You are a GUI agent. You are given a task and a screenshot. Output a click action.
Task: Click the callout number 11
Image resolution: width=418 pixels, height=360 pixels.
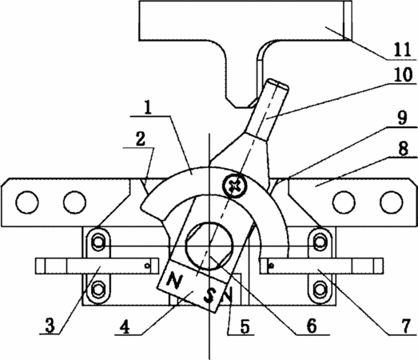click(x=402, y=50)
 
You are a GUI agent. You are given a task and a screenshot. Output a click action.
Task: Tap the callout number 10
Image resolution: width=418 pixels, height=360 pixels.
click(x=404, y=74)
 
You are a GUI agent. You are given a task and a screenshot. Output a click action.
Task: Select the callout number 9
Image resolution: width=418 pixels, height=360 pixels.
click(x=403, y=118)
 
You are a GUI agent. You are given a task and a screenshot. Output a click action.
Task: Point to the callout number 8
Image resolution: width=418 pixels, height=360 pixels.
click(x=404, y=148)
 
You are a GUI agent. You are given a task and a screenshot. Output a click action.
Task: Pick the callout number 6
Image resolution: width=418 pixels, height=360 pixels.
click(x=312, y=326)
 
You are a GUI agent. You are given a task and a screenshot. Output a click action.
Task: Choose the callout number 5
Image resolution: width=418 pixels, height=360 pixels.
click(x=245, y=326)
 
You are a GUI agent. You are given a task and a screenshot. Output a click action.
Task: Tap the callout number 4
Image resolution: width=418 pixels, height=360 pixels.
click(x=125, y=326)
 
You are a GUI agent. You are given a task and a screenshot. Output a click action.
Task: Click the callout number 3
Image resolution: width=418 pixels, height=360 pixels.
click(x=50, y=326)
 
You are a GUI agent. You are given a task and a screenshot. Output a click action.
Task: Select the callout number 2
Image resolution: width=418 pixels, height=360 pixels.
click(x=141, y=139)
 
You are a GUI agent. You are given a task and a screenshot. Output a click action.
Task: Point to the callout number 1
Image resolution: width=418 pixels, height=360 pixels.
click(x=148, y=107)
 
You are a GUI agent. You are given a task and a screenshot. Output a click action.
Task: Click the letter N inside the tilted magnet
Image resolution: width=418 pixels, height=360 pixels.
click(x=173, y=281)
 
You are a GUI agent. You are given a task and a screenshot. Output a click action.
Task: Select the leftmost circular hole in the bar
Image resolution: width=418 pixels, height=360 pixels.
click(x=27, y=202)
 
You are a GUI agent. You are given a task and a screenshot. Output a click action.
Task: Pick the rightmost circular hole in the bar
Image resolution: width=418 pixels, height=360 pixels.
click(x=392, y=202)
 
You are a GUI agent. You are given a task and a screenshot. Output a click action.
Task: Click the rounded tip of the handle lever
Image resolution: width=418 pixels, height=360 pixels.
click(x=279, y=83)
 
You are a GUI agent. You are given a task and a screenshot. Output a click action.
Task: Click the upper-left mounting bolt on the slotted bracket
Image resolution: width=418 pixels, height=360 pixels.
click(x=98, y=242)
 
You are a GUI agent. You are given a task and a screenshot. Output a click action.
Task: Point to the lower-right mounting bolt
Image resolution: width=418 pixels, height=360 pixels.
click(x=319, y=290)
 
